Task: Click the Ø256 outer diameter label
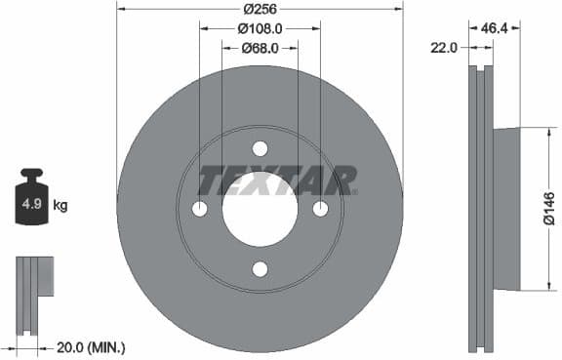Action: point(260,8)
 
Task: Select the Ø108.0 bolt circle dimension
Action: point(260,28)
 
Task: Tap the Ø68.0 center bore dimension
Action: point(260,47)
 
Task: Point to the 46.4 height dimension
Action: point(496,29)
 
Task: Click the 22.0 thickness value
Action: point(445,47)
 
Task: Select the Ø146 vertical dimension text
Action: point(549,209)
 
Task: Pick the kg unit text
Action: point(60,205)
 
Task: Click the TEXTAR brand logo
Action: point(277,180)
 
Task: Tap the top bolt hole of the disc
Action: point(260,148)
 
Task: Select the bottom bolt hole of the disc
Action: point(260,270)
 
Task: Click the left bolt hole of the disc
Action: point(199,209)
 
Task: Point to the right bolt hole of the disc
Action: point(320,209)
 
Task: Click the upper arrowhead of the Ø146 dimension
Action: point(537,133)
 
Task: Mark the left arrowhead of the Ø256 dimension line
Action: point(121,8)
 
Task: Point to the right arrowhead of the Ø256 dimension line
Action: point(398,8)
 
